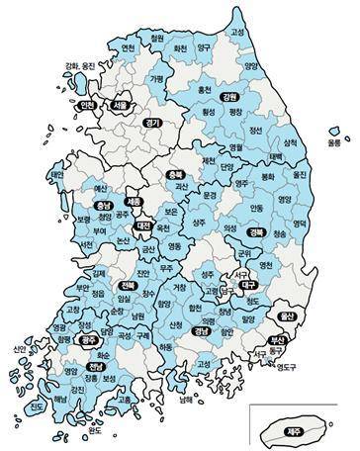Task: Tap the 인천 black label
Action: point(87,105)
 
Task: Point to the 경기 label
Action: point(151,123)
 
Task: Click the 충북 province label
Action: point(175,174)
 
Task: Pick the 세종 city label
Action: point(134,201)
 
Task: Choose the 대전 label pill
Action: point(142,225)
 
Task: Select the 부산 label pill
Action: point(276,341)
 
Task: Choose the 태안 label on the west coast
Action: point(55,175)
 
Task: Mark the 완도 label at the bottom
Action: point(96,429)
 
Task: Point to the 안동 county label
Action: point(256,209)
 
